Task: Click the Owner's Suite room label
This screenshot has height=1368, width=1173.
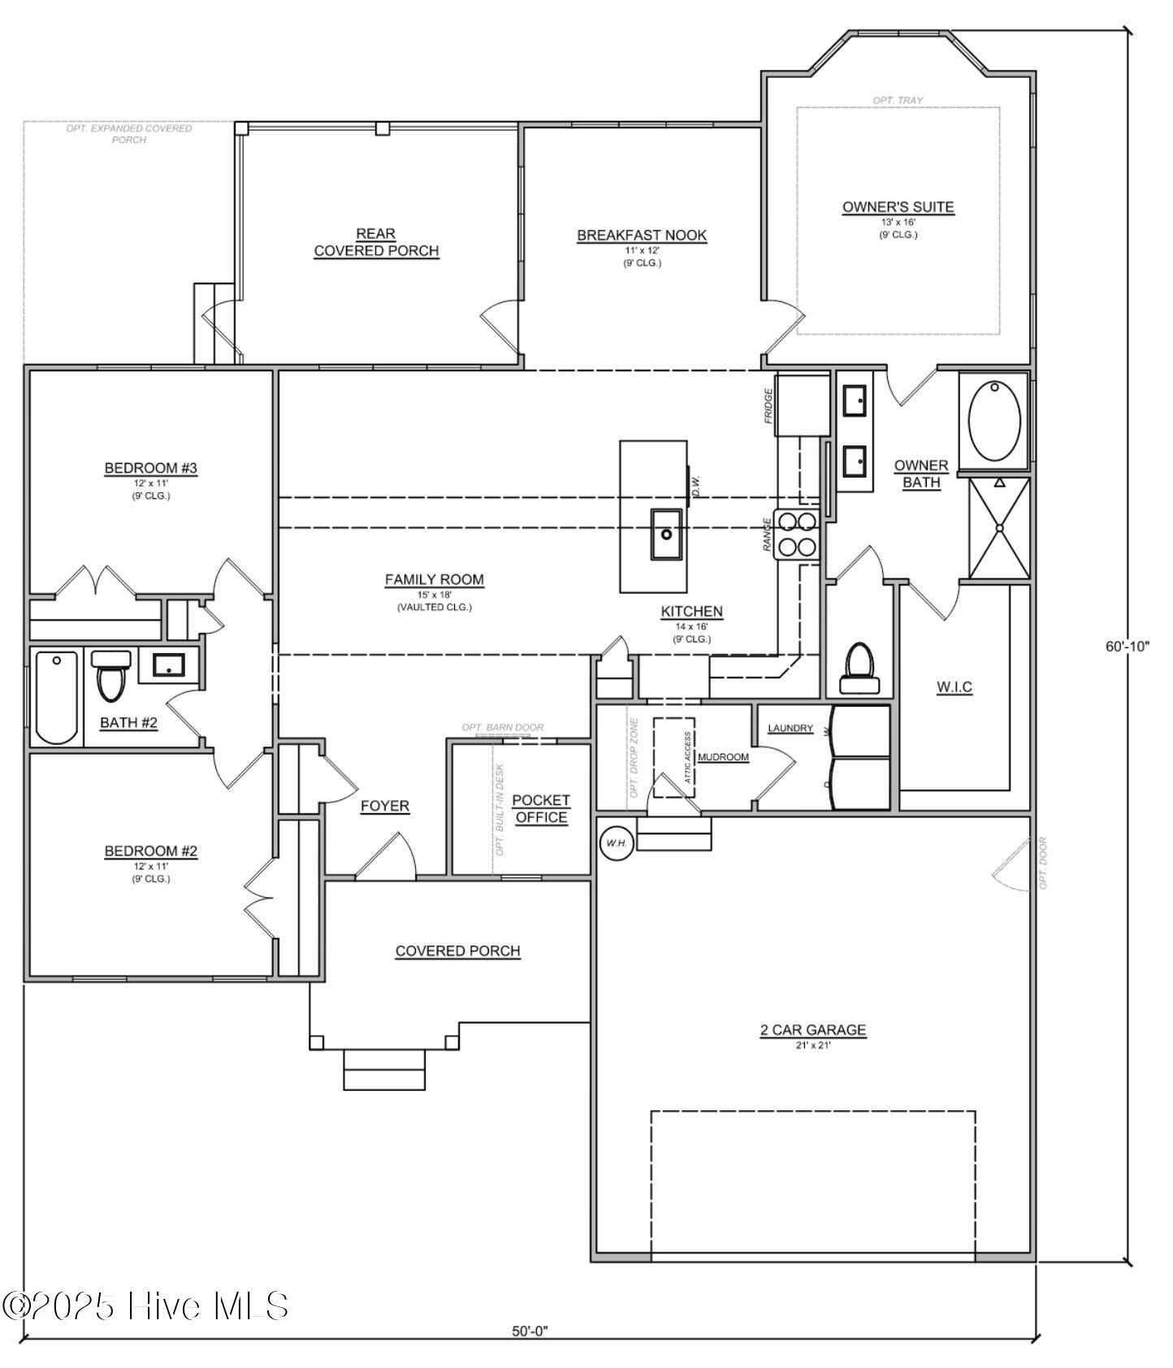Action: [x=898, y=207]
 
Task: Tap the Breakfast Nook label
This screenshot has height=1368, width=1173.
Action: [x=642, y=236]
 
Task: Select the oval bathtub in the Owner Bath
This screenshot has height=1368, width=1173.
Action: [x=994, y=421]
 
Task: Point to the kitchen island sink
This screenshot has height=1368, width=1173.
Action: [x=666, y=534]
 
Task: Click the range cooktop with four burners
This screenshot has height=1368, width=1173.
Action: [x=797, y=535]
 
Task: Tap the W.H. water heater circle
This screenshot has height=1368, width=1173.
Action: [x=615, y=843]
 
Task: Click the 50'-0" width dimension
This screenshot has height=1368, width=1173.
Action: [x=530, y=1331]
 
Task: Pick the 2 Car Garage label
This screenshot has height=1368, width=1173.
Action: [x=812, y=1030]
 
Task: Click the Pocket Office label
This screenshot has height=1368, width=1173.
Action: [x=541, y=808]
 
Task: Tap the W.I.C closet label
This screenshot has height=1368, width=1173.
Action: [x=954, y=687]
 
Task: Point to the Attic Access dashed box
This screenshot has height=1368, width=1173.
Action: [x=674, y=756]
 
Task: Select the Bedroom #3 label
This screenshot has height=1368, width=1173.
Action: [x=150, y=468]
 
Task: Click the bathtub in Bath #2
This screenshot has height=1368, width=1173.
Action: [x=57, y=697]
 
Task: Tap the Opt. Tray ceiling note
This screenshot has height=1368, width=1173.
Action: [x=898, y=100]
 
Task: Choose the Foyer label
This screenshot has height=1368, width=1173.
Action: [x=384, y=806]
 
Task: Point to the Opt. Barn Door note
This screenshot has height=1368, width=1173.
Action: [x=502, y=727]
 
